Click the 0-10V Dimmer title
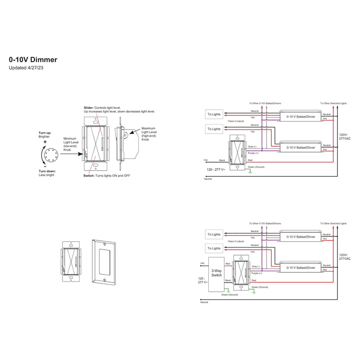click(33, 59)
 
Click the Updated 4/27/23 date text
click(26, 68)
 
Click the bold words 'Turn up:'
click(45, 133)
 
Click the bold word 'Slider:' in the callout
click(89, 108)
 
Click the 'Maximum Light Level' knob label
click(150, 133)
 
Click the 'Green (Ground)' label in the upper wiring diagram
click(256, 167)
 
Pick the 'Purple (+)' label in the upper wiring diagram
click(254, 153)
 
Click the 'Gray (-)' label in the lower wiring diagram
click(257, 266)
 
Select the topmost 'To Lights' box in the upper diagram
click(214, 114)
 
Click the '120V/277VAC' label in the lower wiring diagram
click(344, 256)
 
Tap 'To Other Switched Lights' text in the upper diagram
click(333, 103)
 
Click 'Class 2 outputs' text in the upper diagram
click(237, 121)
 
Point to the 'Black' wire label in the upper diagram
click(222, 160)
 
